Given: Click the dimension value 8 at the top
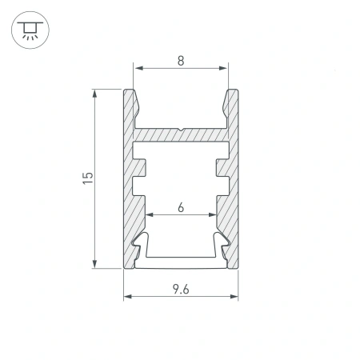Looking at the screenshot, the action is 181,61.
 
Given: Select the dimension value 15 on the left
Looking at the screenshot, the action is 88,178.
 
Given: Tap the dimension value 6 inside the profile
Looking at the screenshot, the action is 181,207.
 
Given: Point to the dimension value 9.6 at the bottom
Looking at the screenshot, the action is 181,289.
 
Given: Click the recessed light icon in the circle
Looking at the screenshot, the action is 30,30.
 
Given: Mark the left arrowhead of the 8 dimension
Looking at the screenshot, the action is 138,68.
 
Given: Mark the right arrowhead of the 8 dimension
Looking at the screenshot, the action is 222,68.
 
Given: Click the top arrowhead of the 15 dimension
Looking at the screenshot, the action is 94,94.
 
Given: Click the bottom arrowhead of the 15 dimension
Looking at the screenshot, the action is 94,264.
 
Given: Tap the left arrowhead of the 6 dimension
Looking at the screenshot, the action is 150,214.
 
